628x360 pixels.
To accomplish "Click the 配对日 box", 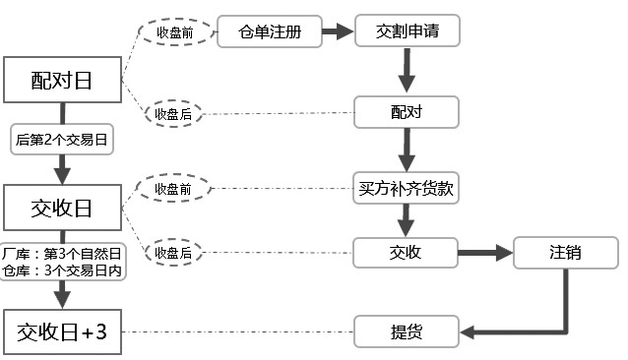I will click(x=63, y=81).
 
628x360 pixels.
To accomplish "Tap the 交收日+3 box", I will click(x=63, y=332).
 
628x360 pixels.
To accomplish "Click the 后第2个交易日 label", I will click(x=63, y=141).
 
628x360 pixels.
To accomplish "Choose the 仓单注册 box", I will click(x=271, y=32).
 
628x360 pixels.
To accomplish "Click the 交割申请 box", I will click(x=408, y=32).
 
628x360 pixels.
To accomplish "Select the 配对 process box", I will click(x=407, y=112).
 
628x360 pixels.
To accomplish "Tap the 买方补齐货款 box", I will click(x=407, y=187).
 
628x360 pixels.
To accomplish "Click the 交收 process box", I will click(x=407, y=253).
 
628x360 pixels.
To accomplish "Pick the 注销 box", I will click(x=565, y=253).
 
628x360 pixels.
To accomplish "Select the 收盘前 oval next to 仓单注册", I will click(x=174, y=32).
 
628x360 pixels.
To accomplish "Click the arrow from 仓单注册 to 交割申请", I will click(x=338, y=32).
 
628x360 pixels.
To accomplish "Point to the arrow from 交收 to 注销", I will click(x=486, y=253).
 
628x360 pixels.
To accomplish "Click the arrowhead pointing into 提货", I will click(x=470, y=332).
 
